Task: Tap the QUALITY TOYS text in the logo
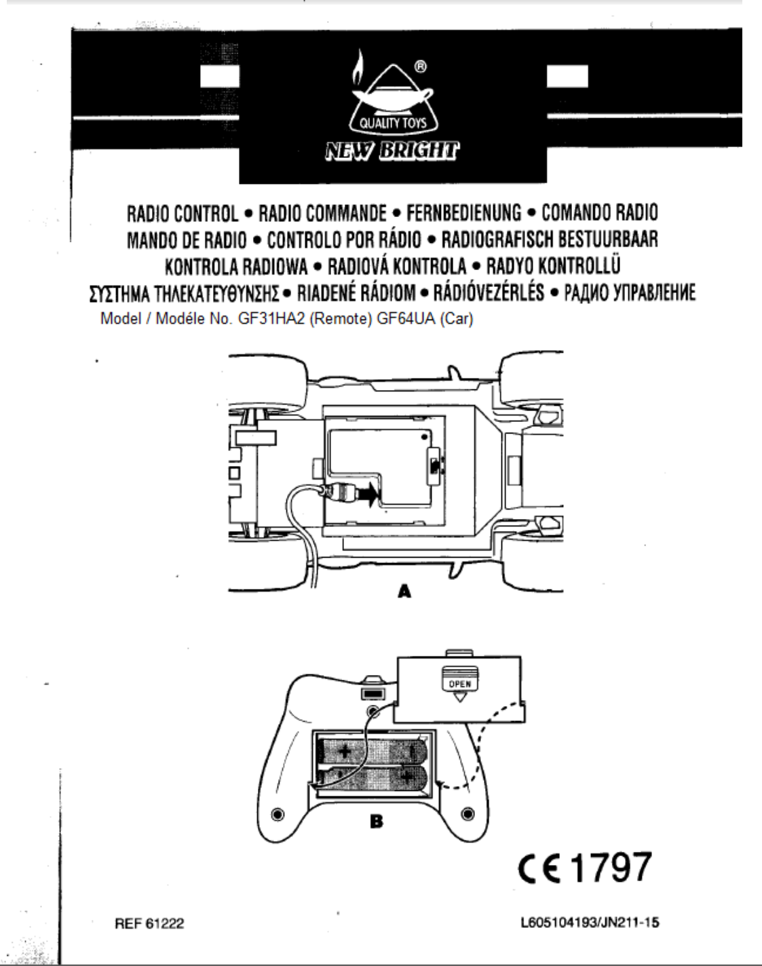click(393, 124)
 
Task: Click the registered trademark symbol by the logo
click(420, 67)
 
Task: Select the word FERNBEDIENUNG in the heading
click(464, 214)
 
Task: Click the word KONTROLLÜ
click(582, 265)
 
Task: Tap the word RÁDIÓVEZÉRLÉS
click(489, 292)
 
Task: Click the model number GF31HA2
click(271, 319)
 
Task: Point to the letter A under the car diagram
click(404, 592)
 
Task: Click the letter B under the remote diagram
click(376, 822)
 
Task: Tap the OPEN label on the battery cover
click(460, 684)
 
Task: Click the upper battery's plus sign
click(345, 752)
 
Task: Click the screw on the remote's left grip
click(276, 813)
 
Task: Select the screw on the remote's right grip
click(467, 813)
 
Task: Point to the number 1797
click(611, 868)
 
